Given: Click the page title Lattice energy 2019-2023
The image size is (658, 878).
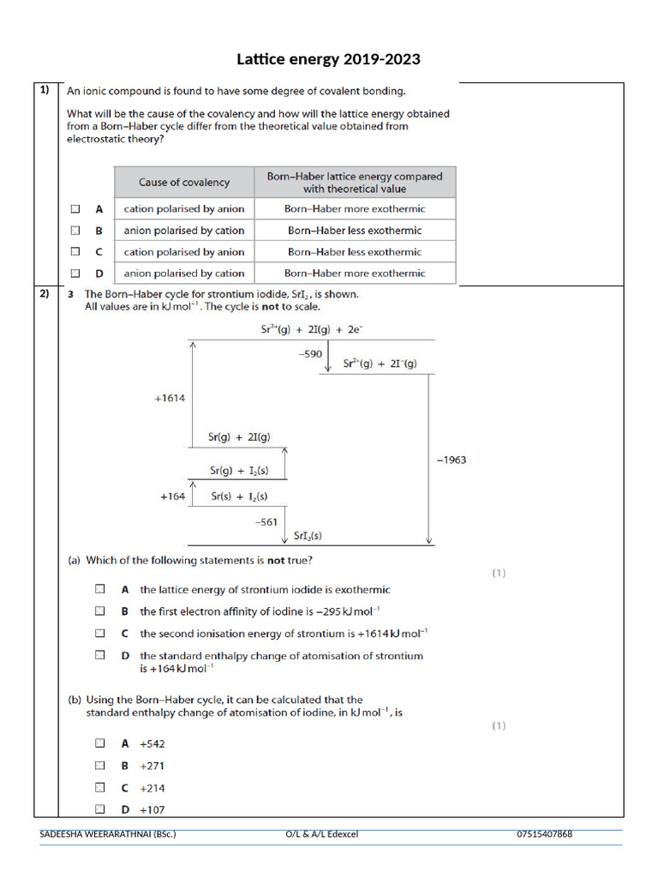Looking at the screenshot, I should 329,59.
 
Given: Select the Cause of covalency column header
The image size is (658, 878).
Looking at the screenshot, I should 184,182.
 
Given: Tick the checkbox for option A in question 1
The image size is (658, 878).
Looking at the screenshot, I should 75,208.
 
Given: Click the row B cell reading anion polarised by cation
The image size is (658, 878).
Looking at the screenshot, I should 184,231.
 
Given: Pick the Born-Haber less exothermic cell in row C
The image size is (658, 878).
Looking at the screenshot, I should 355,252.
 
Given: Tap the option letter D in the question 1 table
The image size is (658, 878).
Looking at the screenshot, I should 99,274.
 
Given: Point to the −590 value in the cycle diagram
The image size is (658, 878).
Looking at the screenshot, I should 309,353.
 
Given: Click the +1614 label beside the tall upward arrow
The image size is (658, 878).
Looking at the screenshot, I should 170,398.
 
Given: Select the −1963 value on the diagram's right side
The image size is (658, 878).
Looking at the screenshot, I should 452,460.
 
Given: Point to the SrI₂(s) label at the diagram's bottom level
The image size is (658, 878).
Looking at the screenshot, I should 308,537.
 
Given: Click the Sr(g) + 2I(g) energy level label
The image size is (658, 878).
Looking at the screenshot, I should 239,436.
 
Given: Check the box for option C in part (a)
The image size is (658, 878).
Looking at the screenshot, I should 100,633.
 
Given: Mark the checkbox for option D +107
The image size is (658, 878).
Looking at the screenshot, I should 100,809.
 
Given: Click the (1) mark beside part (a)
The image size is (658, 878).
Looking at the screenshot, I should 498,574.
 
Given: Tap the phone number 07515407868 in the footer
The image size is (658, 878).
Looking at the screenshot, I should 544,834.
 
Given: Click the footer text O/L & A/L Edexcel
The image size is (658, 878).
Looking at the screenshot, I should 321,834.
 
